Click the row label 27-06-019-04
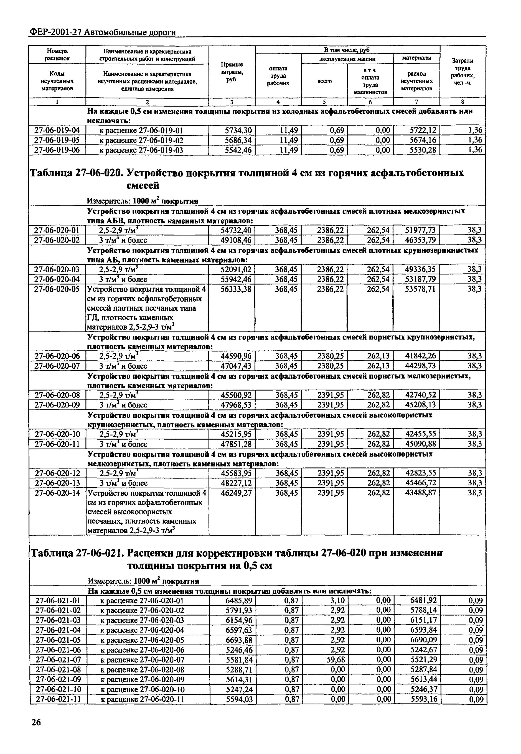[x=57, y=130]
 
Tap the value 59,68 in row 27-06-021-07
[x=336, y=660]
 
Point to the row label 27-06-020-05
[x=57, y=289]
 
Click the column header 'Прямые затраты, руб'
[x=232, y=72]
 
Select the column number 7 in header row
[x=416, y=102]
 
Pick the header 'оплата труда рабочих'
[x=278, y=76]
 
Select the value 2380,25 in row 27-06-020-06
[x=330, y=356]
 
